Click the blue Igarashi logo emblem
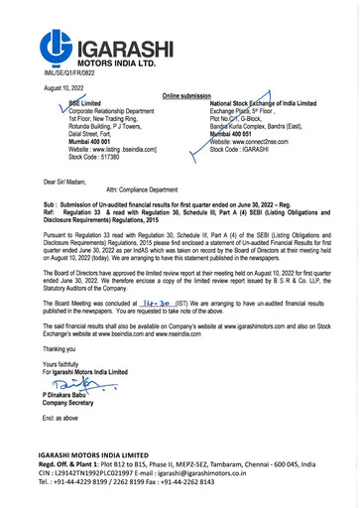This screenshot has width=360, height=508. pos(58,46)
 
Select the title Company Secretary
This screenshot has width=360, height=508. pos(72,403)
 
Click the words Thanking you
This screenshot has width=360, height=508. pos(60,349)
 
